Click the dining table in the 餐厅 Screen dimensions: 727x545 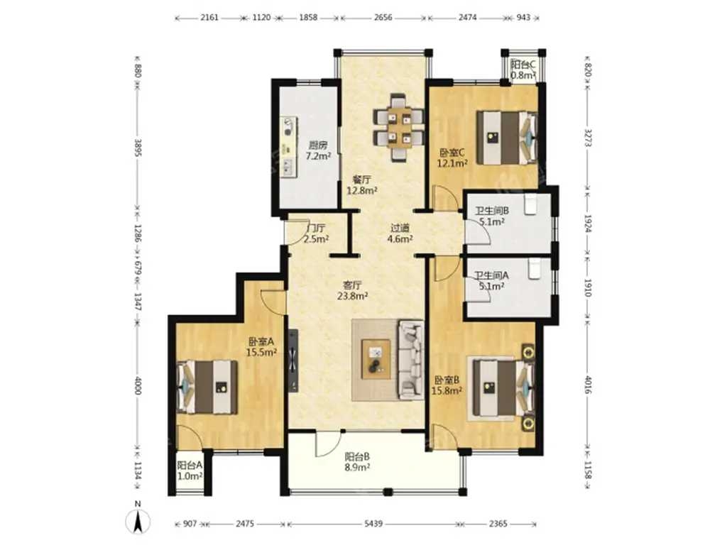point(399,128)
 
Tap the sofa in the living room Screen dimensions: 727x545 point(411,360)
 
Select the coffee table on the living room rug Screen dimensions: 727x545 point(376,359)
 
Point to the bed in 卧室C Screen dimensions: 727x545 point(508,137)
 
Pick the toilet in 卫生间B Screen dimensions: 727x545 point(530,204)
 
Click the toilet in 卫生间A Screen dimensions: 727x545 point(535,269)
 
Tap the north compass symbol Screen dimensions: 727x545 point(138,521)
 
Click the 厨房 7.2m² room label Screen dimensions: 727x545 point(318,150)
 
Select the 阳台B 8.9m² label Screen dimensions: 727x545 point(357,462)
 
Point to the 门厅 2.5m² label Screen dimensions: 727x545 point(316,233)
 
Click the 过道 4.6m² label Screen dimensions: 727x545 point(400,233)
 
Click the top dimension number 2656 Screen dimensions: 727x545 point(383,18)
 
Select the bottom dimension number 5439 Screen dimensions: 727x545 point(373,524)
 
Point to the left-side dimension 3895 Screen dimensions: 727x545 point(138,147)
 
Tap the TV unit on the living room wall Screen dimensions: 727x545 point(293,360)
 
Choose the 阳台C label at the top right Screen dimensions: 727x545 point(523,65)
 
